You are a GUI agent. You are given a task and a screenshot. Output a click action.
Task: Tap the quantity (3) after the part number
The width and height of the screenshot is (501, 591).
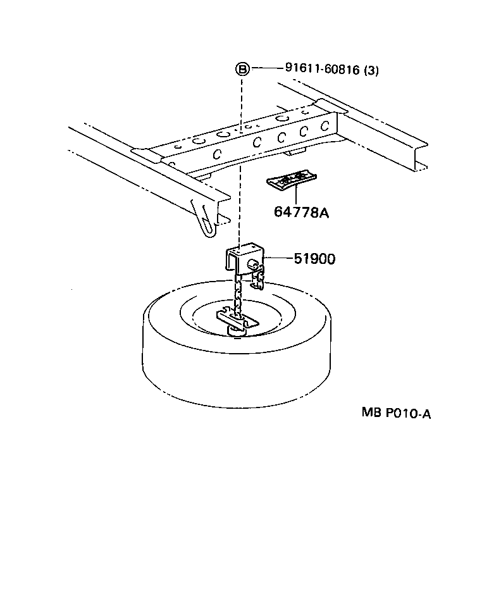pyautogui.click(x=371, y=70)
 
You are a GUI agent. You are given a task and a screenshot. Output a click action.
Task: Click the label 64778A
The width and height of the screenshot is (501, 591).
pyautogui.click(x=301, y=212)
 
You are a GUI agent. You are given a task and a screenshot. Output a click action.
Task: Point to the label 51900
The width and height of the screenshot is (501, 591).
pyautogui.click(x=314, y=258)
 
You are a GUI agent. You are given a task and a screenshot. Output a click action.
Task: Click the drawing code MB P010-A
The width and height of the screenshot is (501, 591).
pyautogui.click(x=397, y=413)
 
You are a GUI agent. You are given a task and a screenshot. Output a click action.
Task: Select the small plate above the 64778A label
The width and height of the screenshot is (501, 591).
pyautogui.click(x=292, y=180)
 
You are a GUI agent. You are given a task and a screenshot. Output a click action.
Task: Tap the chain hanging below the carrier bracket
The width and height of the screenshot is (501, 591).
pyautogui.click(x=238, y=297)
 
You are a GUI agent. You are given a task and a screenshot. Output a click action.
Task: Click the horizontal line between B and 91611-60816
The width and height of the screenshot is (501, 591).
pyautogui.click(x=262, y=69)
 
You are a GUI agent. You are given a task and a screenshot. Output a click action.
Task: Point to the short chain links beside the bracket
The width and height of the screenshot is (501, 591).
pyautogui.click(x=257, y=278)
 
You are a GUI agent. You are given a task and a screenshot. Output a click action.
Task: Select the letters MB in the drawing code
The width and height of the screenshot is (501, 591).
pyautogui.click(x=369, y=413)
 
